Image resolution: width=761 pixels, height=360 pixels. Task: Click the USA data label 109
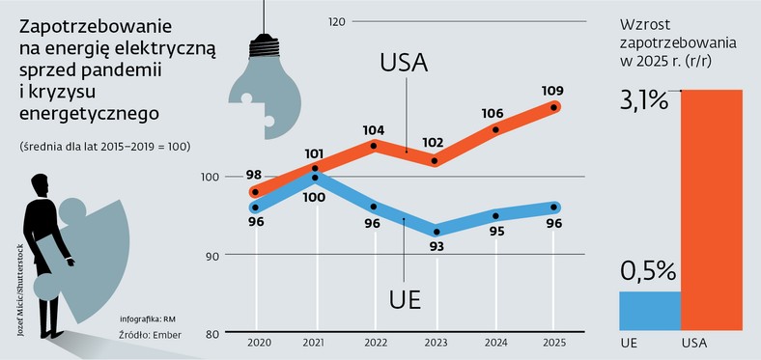coord(553,92)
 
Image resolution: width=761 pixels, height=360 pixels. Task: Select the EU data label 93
coord(437,247)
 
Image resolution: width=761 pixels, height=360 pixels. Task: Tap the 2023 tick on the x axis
coord(437,343)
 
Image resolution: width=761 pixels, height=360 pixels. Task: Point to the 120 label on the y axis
coord(337,21)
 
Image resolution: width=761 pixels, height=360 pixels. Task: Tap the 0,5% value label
coord(646,272)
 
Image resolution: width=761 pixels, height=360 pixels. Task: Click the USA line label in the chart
coord(405,67)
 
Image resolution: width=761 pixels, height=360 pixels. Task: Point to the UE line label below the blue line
coord(403,298)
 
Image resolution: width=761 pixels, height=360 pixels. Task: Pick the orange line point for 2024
coord(496,129)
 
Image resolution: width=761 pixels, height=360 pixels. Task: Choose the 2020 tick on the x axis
coord(258,343)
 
